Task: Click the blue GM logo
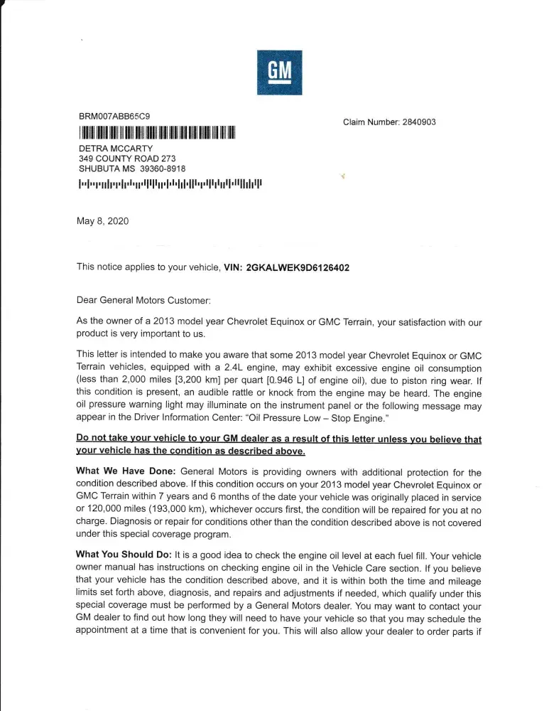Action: pyautogui.click(x=279, y=73)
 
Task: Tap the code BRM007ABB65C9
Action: pyautogui.click(x=114, y=116)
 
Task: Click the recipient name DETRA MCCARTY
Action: pyautogui.click(x=116, y=149)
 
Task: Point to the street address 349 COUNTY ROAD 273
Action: pyautogui.click(x=127, y=159)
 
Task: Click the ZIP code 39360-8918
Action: pyautogui.click(x=163, y=169)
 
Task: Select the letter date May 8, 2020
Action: pyautogui.click(x=102, y=221)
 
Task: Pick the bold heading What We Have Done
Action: pyautogui.click(x=126, y=473)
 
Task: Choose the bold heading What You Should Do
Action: pyautogui.click(x=130, y=553)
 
